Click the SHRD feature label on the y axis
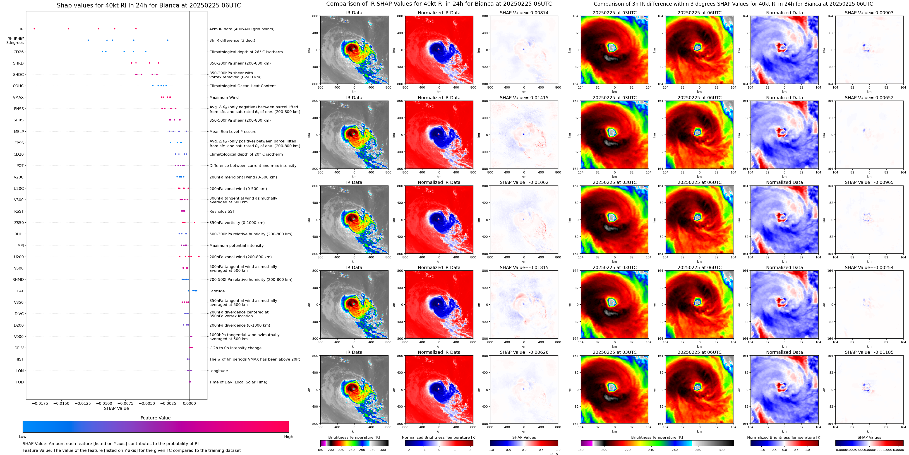[x=18, y=63]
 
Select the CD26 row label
[x=19, y=52]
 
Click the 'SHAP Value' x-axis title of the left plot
[x=116, y=408]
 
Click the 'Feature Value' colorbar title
[x=155, y=418]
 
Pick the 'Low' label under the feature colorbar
[x=23, y=437]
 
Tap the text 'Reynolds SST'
[x=222, y=212]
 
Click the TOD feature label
[x=20, y=382]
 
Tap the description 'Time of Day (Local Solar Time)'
[x=238, y=382]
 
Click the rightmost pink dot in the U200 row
[x=199, y=257]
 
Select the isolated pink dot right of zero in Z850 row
[x=194, y=222]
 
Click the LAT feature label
[x=20, y=291]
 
